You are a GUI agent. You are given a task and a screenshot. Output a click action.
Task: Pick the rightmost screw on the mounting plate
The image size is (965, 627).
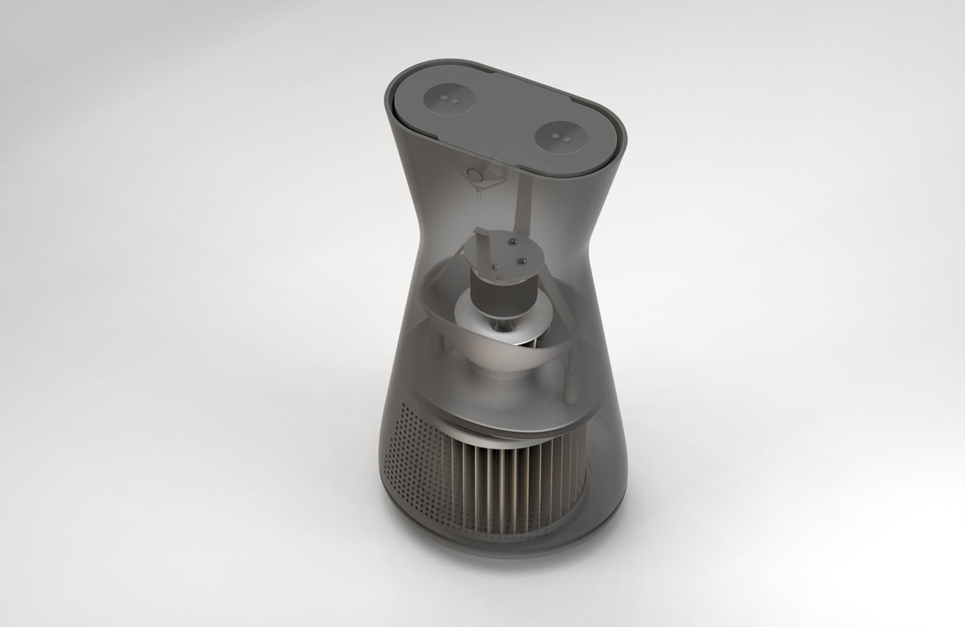point(522,261)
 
